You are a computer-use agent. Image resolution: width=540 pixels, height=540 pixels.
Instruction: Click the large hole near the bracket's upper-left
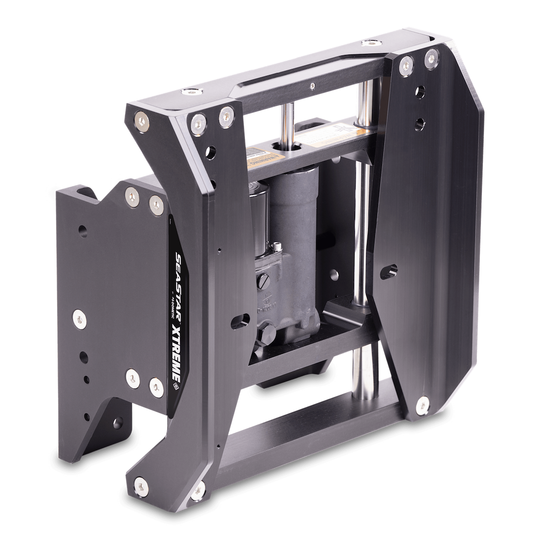(82, 231)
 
